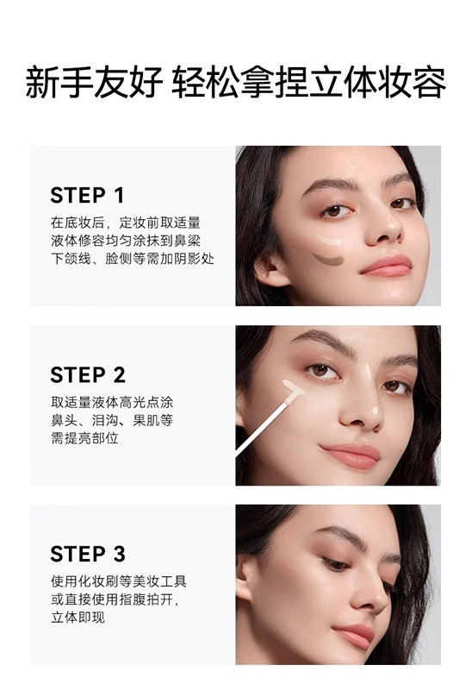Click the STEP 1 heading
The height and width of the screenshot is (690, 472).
[x=87, y=196]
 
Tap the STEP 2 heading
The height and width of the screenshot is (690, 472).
[x=88, y=375]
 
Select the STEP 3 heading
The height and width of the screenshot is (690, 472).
[x=88, y=554]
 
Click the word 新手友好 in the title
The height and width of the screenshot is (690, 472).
[x=94, y=82]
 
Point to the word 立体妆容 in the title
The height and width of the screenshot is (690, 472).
[x=377, y=82]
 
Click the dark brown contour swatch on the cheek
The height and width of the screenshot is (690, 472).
[x=328, y=260]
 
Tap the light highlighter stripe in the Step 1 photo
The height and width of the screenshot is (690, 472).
[x=329, y=241]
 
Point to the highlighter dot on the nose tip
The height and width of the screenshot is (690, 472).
[x=375, y=411]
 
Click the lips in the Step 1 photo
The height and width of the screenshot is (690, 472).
[x=387, y=266]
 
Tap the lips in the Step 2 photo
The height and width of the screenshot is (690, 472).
[x=351, y=455]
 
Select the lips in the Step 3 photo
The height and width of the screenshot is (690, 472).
[x=354, y=635]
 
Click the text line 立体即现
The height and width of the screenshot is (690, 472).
[x=78, y=618]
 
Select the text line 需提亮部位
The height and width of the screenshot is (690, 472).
[x=84, y=438]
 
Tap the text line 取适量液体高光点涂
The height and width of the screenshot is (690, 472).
[x=112, y=402]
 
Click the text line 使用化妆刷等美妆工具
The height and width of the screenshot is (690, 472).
[x=119, y=581]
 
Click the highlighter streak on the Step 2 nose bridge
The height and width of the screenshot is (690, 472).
[x=369, y=373]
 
